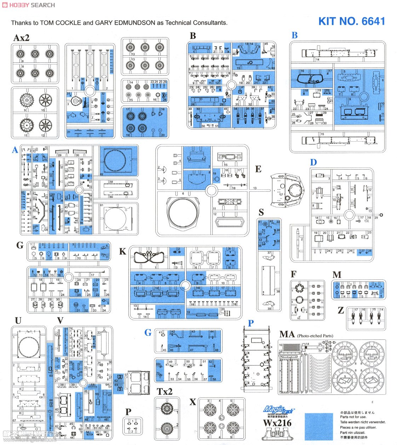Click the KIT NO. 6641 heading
(351, 21)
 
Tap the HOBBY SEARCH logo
(28, 5)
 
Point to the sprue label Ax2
(21, 38)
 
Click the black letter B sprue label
(192, 36)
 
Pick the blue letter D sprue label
(313, 162)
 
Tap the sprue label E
(258, 169)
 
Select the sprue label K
(123, 251)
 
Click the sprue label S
(261, 212)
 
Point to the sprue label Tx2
(165, 391)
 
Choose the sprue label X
(192, 402)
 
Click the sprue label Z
(341, 310)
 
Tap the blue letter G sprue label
(148, 332)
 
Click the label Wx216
(277, 423)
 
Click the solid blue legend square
(318, 426)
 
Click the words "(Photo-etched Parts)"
(315, 336)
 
